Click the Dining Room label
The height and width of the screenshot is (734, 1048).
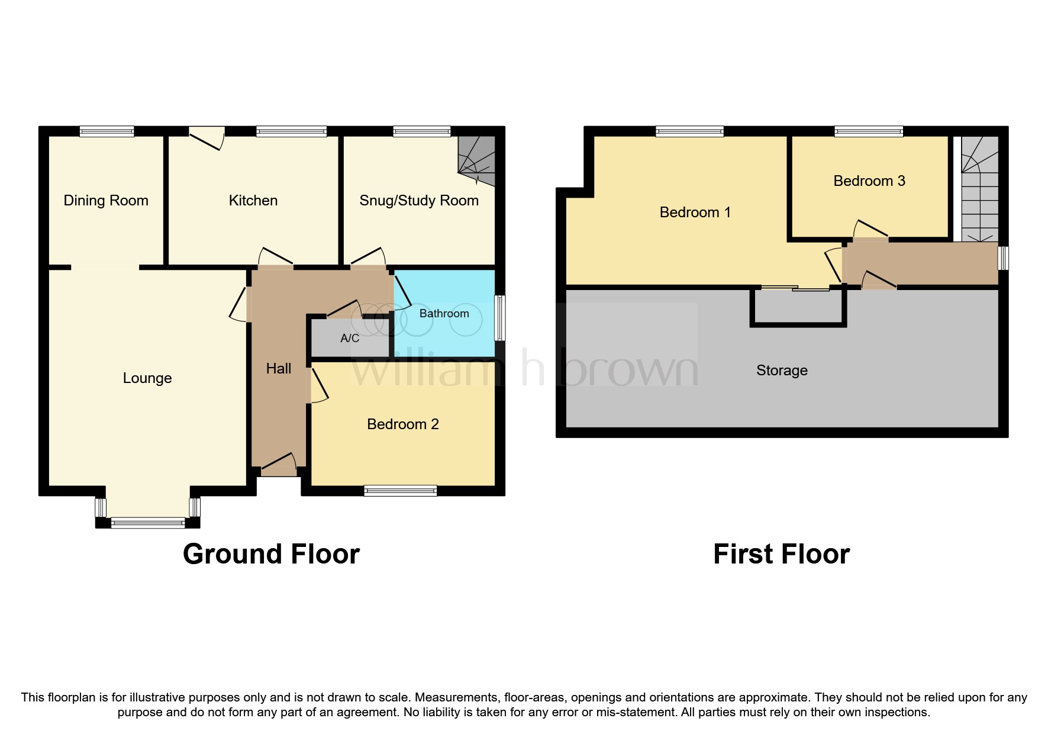click(x=106, y=201)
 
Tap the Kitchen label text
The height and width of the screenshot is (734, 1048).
click(x=253, y=201)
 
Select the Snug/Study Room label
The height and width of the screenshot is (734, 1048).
click(x=418, y=201)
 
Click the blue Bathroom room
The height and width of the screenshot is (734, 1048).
click(x=444, y=331)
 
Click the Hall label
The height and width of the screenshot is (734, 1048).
click(x=278, y=369)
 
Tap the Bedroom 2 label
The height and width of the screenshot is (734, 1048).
click(x=402, y=424)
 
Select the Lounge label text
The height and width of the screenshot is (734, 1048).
click(x=147, y=378)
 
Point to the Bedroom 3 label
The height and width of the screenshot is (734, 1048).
click(x=869, y=181)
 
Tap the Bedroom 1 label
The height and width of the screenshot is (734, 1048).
click(x=695, y=213)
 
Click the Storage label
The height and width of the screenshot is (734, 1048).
click(x=781, y=371)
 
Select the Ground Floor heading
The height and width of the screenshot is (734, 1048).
click(x=271, y=555)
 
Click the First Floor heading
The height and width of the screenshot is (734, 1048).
click(x=781, y=555)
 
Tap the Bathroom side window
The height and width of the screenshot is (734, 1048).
click(x=499, y=318)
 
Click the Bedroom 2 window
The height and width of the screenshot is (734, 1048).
click(x=400, y=490)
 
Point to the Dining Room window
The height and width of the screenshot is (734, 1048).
click(x=107, y=131)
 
